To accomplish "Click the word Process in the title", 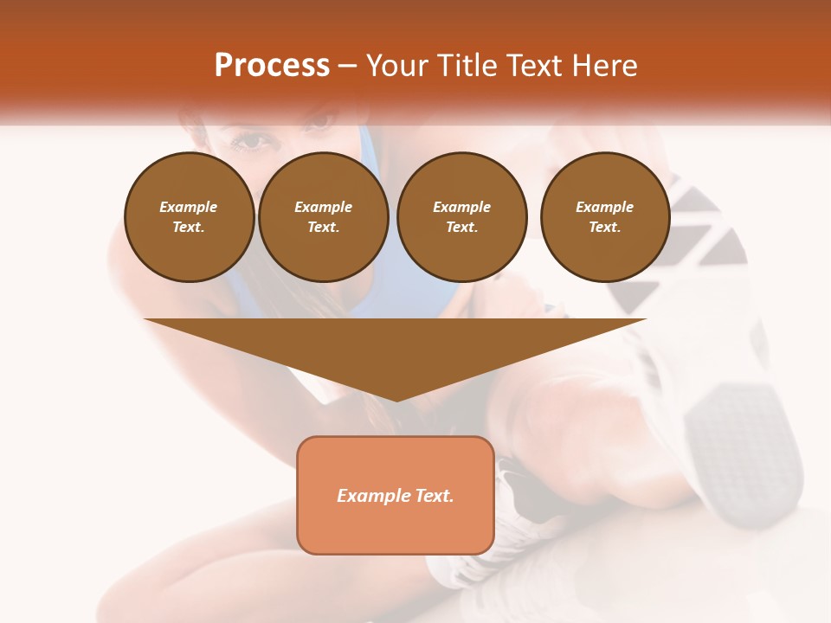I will point(272,66).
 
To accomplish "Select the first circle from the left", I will point(190,217).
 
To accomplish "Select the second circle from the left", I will point(324,217).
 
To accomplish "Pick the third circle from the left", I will point(462,217).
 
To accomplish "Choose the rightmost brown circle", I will point(605,217).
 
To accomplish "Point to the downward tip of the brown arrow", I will point(396,398).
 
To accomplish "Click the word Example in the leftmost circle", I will point(189,207).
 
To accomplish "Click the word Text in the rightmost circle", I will point(604,228).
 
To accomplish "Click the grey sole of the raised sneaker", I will point(736,433).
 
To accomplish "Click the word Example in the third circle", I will point(461,207).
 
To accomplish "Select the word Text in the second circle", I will point(323,228).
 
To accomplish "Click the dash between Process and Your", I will point(347,66).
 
